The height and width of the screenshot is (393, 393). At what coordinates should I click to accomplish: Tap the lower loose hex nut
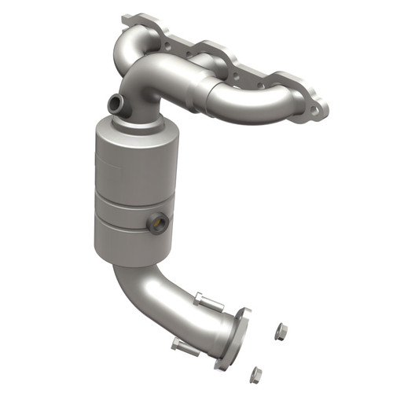(x=255, y=374)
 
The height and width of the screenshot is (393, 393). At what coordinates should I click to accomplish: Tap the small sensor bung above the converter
(x=115, y=102)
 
